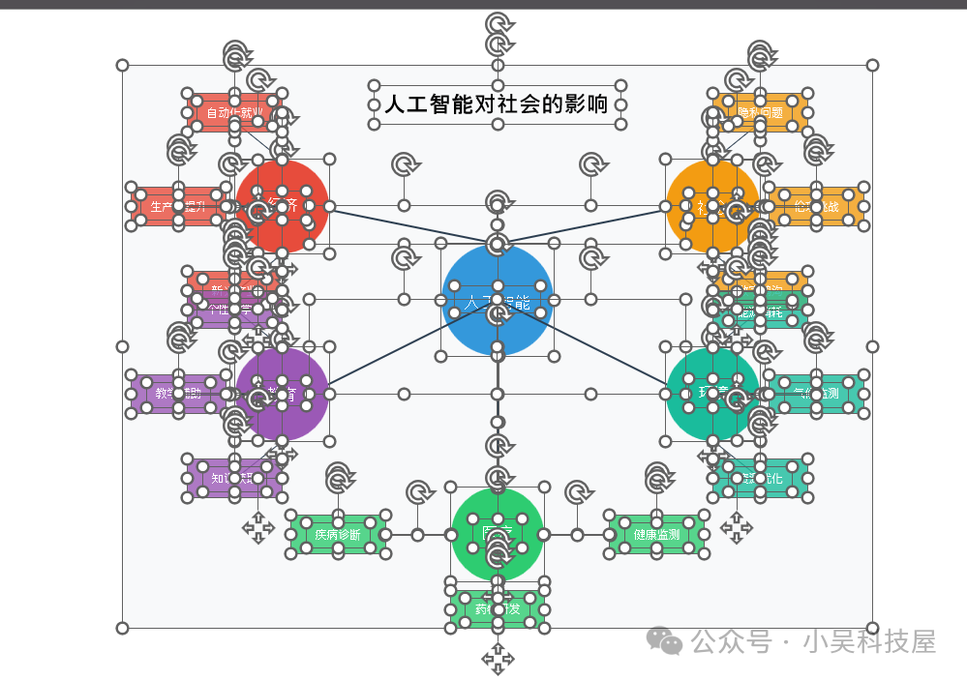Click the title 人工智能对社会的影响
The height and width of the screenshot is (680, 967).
tap(497, 104)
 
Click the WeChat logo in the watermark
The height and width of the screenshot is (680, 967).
tap(665, 639)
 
